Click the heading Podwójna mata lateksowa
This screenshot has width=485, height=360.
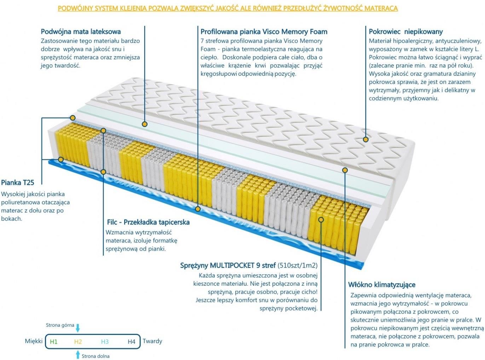pyautogui.click(x=81, y=32)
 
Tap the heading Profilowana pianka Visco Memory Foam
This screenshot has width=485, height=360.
pyautogui.click(x=264, y=32)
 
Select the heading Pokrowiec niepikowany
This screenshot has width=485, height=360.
pyautogui.click(x=406, y=32)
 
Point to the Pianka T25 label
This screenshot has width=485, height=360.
pyautogui.click(x=18, y=183)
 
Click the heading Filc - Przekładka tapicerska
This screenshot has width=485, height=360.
pyautogui.click(x=148, y=222)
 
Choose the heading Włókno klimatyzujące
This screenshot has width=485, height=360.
pyautogui.click(x=382, y=285)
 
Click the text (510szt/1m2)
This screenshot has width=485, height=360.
pyautogui.click(x=298, y=265)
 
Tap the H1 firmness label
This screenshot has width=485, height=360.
pyautogui.click(x=53, y=342)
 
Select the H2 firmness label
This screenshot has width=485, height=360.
pyautogui.click(x=78, y=342)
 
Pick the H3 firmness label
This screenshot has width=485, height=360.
pyautogui.click(x=105, y=342)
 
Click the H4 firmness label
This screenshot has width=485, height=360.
pyautogui.click(x=131, y=342)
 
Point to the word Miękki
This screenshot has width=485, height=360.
pyautogui.click(x=34, y=341)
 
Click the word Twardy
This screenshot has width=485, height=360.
pyautogui.click(x=152, y=341)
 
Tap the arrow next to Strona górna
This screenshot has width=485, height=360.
pyautogui.click(x=78, y=328)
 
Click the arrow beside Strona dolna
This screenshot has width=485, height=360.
pyautogui.click(x=77, y=355)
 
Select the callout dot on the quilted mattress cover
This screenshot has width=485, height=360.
pyautogui.click(x=366, y=139)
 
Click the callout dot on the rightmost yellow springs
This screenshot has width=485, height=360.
pyautogui.click(x=321, y=219)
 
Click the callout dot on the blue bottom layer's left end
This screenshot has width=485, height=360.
pyautogui.click(x=61, y=160)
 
